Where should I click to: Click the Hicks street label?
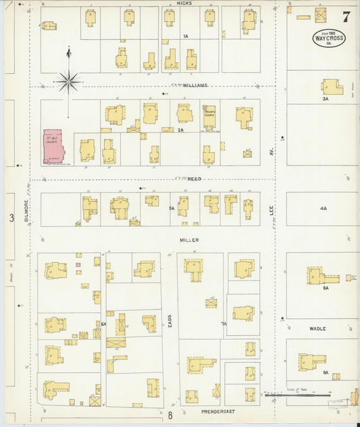(184, 3)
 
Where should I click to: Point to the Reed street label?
(194, 178)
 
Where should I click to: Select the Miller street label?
(189, 240)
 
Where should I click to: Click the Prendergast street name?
(218, 410)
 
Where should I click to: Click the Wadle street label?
(317, 328)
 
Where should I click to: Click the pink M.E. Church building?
(56, 147)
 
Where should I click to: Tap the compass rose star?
(68, 82)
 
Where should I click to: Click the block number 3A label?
(325, 99)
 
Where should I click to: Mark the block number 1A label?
(185, 35)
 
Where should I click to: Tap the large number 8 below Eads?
(171, 416)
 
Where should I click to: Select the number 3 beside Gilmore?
(11, 218)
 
